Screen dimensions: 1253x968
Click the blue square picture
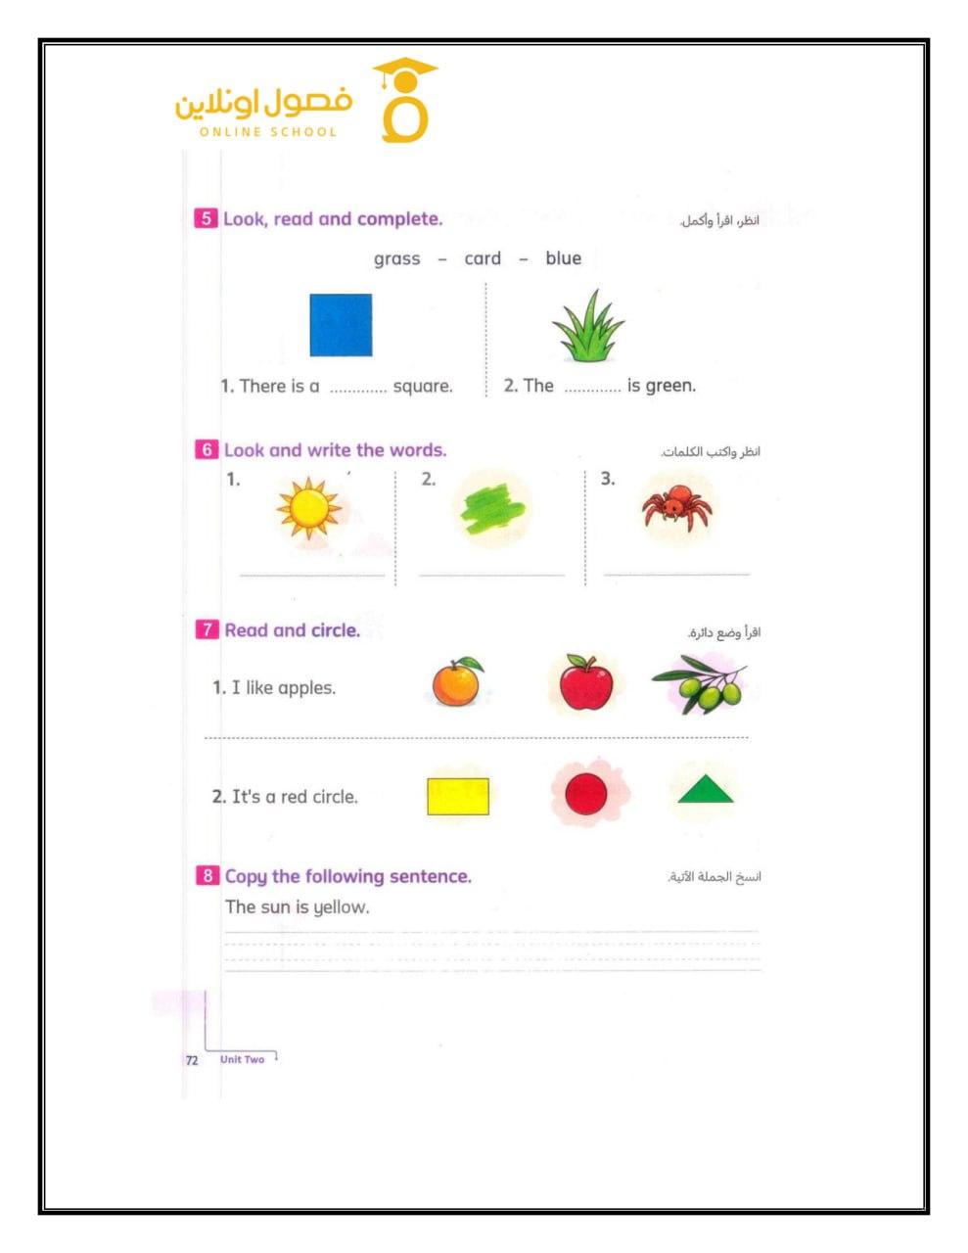[x=341, y=325]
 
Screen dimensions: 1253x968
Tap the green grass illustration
[x=587, y=327]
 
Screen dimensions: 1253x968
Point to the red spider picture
[x=676, y=507]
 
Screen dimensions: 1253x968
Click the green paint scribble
[x=493, y=509]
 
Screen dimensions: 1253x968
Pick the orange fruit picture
[x=457, y=682]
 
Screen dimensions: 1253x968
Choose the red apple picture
[x=586, y=683]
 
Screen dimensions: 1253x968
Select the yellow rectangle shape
[x=458, y=797]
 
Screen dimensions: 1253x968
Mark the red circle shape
[x=586, y=795]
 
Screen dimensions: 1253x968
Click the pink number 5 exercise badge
[x=206, y=218]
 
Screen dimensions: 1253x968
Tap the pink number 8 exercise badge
[x=207, y=876]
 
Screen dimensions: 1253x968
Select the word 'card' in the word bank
[x=483, y=258]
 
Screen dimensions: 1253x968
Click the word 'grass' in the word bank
[x=396, y=258]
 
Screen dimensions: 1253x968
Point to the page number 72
[x=192, y=1060]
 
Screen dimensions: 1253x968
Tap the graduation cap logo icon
[x=405, y=101]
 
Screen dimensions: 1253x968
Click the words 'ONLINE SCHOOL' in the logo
[x=268, y=132]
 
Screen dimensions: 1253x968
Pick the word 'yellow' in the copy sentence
[x=341, y=907]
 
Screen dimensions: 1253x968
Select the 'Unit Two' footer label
[x=242, y=1059]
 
